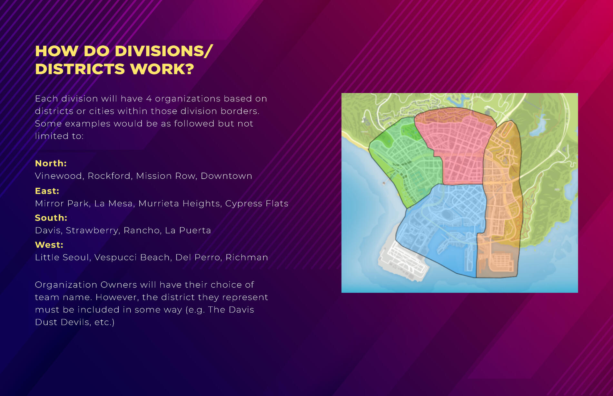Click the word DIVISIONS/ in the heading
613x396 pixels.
(x=164, y=51)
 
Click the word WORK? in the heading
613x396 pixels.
(x=162, y=69)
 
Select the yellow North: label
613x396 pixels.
(x=51, y=163)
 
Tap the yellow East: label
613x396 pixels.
(x=47, y=191)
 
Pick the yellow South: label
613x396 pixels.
(x=51, y=218)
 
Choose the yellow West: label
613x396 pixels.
(x=49, y=245)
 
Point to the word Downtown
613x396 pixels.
(x=226, y=176)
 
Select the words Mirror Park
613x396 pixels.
(x=62, y=203)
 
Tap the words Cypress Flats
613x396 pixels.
(x=257, y=203)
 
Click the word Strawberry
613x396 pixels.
(x=92, y=231)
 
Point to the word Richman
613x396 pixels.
(x=247, y=258)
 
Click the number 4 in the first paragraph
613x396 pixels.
(x=149, y=99)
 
